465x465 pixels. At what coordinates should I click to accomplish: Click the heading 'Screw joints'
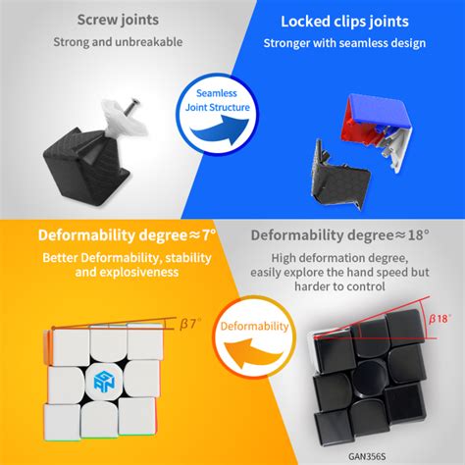point(116,20)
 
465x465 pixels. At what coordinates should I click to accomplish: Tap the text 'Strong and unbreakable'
point(116,42)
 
